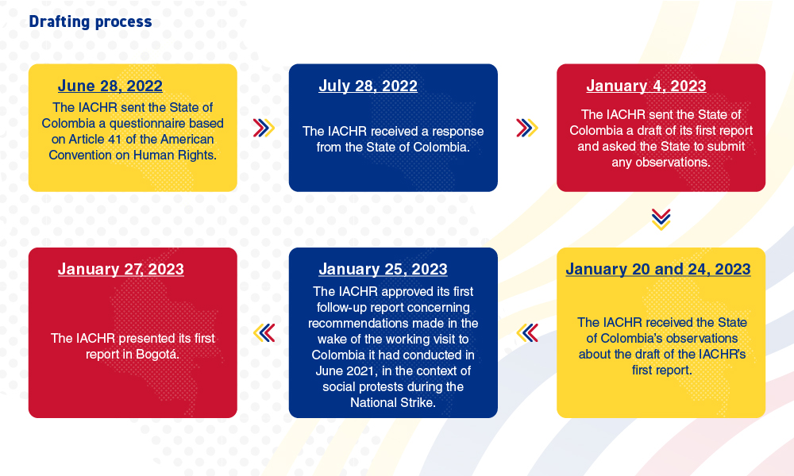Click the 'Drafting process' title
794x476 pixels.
(91, 21)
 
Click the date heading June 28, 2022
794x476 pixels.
(110, 86)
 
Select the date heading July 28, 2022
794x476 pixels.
(368, 86)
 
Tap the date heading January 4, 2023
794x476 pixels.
(646, 86)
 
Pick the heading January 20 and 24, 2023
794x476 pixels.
(658, 269)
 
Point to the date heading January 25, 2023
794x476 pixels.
(383, 269)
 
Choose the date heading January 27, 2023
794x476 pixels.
(121, 269)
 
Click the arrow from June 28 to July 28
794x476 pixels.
(264, 128)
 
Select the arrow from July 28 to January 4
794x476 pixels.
(527, 128)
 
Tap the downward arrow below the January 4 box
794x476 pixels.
(661, 220)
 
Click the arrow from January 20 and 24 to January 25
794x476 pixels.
(527, 333)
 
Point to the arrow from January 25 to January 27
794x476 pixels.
(264, 333)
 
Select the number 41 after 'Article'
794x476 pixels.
(124, 139)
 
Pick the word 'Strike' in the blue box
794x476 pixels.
(420, 403)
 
